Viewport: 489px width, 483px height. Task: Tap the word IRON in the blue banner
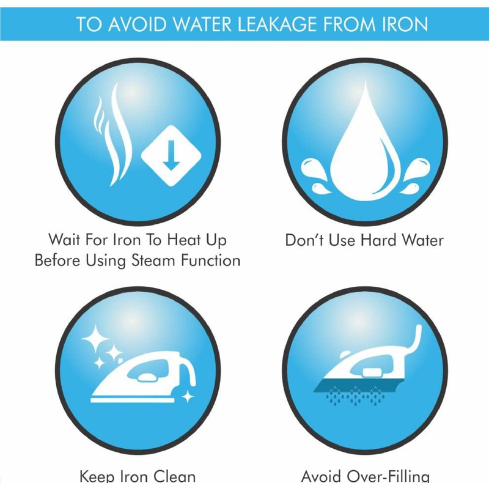[x=405, y=24]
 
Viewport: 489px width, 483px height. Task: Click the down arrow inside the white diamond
[x=171, y=155]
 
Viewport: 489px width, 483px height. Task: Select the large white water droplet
[x=365, y=147]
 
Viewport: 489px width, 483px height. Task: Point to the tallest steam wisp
[x=119, y=134]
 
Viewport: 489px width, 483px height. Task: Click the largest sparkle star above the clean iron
[x=95, y=339]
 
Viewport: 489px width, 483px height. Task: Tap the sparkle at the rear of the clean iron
[x=188, y=397]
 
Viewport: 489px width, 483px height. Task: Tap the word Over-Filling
[x=388, y=476]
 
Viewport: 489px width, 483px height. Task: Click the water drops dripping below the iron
[x=355, y=396]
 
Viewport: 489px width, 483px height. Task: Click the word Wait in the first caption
[x=64, y=240]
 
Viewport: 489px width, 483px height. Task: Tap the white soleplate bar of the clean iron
[x=133, y=400]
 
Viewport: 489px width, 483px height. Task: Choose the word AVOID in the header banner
[x=137, y=24]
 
